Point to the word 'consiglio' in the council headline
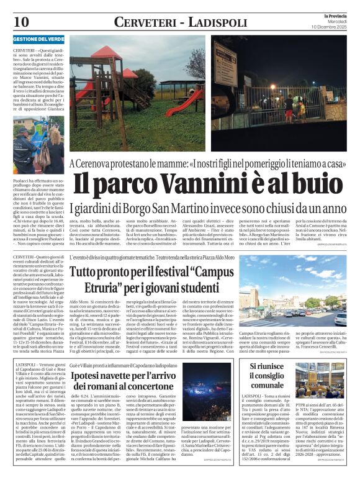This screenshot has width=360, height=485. tap(267, 376)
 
